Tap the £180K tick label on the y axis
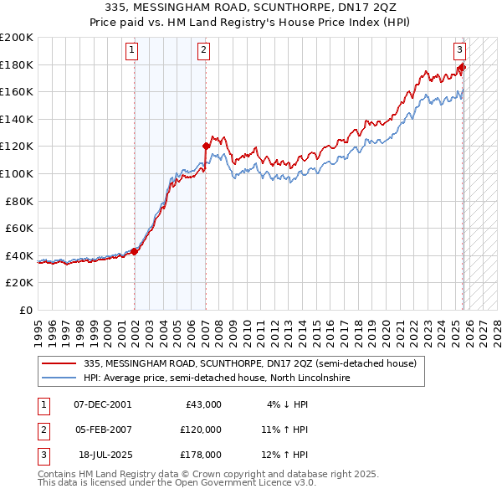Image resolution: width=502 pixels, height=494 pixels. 17,64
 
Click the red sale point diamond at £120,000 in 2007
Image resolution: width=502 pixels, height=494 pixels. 206,146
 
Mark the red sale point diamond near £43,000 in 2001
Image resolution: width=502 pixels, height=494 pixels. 135,251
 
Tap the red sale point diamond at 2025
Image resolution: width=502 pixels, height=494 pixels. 461,67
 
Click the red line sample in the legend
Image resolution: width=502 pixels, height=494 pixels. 59,363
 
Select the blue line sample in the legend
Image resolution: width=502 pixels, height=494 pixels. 59,378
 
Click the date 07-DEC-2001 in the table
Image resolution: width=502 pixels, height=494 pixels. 102,404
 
